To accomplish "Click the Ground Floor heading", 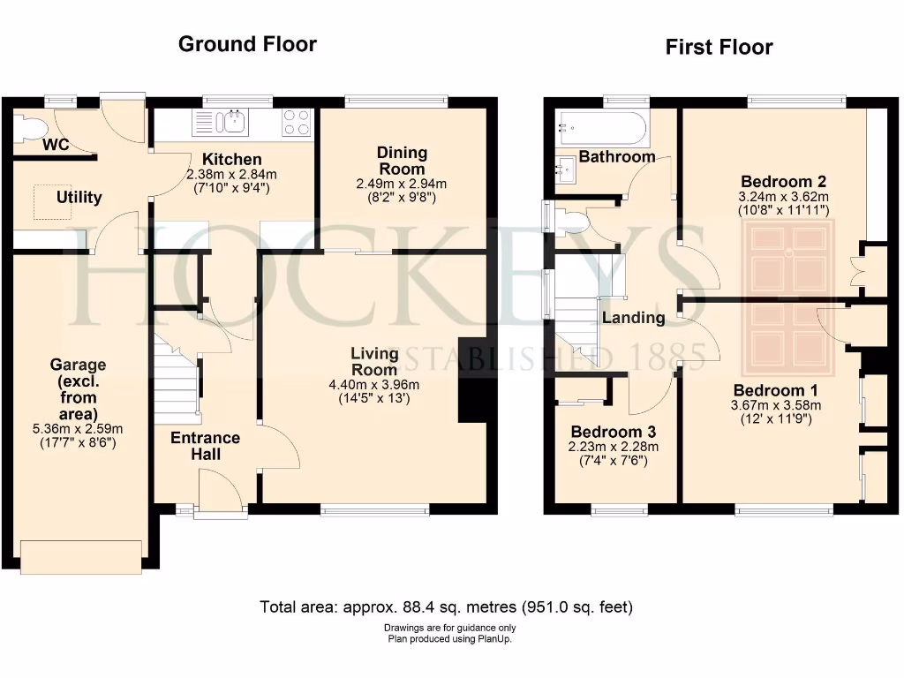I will [x=247, y=44].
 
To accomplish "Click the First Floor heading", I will [x=719, y=47].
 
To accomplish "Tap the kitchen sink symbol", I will [x=235, y=121].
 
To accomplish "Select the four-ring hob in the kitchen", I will [x=297, y=122].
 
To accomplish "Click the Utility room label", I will [x=79, y=197].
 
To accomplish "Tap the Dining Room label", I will [x=402, y=161].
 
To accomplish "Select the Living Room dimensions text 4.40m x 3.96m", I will [x=375, y=384].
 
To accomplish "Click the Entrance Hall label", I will [x=205, y=446].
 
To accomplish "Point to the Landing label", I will [x=633, y=318].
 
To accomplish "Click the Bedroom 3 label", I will [x=614, y=432].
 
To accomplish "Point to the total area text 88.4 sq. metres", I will [x=446, y=607].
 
